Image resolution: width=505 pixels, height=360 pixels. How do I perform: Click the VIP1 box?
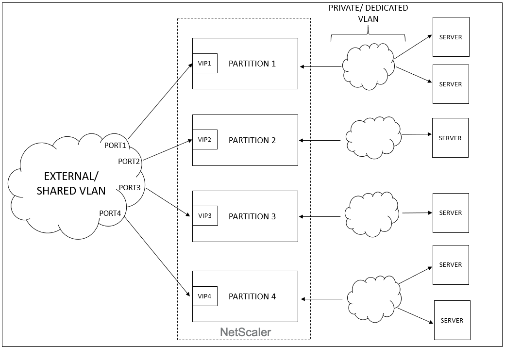[205, 64]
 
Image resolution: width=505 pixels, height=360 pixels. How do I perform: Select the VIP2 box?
[205, 140]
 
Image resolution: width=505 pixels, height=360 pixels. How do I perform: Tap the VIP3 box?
[205, 215]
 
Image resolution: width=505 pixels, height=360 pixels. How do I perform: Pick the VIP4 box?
[205, 296]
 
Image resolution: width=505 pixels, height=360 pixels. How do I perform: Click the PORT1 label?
[115, 146]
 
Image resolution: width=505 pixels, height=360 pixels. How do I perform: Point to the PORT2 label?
[129, 162]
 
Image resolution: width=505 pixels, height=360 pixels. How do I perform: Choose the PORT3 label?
[130, 188]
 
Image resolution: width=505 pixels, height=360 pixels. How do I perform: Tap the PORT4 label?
[110, 213]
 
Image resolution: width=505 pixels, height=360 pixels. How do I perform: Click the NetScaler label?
[245, 332]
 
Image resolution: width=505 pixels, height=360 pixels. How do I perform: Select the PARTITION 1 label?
[252, 64]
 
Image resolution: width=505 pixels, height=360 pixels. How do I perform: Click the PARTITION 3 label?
[252, 216]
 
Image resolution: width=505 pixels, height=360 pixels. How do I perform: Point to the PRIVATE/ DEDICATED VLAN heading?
[368, 13]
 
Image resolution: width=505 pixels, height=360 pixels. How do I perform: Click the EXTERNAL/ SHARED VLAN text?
[71, 183]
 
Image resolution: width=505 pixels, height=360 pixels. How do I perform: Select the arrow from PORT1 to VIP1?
[160, 101]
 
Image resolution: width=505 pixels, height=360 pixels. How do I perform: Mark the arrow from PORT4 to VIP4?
[157, 256]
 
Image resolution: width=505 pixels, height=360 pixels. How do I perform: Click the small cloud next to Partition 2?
[373, 138]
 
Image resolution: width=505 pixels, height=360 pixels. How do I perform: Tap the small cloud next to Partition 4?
[374, 298]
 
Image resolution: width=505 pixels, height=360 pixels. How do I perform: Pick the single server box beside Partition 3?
[451, 213]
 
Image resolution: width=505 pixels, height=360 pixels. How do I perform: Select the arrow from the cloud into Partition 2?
[320, 141]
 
